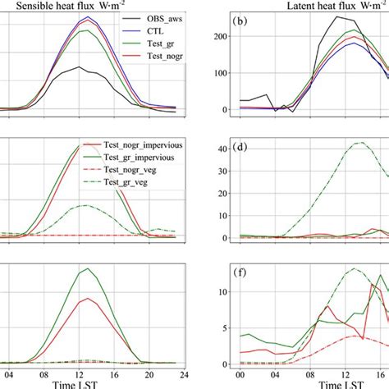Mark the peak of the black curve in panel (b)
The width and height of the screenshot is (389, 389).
pyautogui.click(x=336, y=16)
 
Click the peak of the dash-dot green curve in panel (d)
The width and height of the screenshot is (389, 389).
pyautogui.click(x=359, y=143)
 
